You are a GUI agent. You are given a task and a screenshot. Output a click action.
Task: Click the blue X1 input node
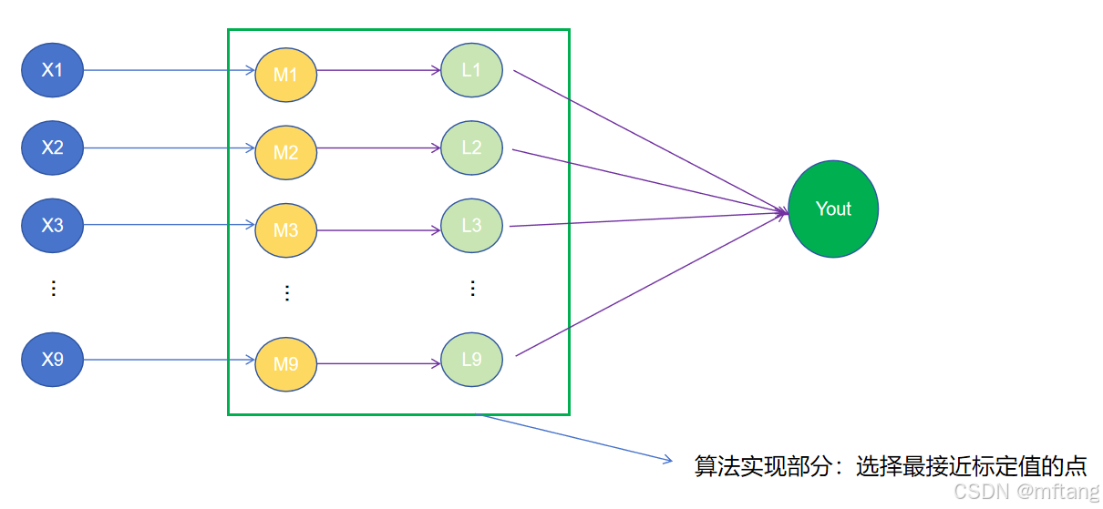coord(53,69)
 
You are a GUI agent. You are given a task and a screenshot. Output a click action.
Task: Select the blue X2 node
coord(53,148)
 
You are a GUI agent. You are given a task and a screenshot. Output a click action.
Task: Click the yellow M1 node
coord(285,75)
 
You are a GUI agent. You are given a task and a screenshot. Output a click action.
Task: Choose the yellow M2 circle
coord(285,152)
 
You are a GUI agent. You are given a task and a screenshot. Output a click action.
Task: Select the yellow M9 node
coord(285,364)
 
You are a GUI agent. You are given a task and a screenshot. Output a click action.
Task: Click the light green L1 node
coord(471,69)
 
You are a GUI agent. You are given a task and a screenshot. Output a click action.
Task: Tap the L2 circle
coord(471,148)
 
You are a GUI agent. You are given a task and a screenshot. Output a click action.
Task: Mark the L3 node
coord(471,226)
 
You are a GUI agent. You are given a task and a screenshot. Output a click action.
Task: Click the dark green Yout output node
coord(833,209)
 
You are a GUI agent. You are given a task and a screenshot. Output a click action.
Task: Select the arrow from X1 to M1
coord(169,69)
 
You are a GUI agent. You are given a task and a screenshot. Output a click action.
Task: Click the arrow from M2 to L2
coord(378,148)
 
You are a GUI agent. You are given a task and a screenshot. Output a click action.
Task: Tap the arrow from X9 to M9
coord(169,360)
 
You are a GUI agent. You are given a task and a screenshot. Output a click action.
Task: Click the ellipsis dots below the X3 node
coord(53,288)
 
